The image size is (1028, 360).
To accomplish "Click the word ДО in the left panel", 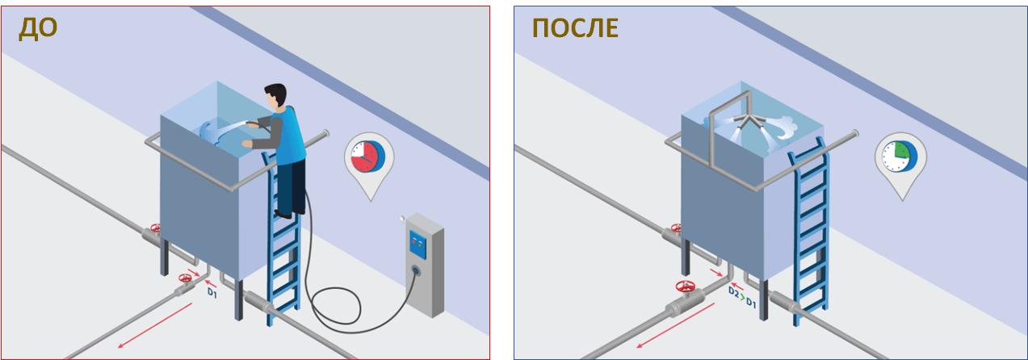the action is pyautogui.click(x=38, y=28).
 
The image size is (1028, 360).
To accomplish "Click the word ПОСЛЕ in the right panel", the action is pyautogui.click(x=575, y=28).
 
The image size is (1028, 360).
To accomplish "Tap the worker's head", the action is pyautogui.click(x=276, y=96).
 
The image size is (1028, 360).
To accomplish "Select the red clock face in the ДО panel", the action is pyautogui.click(x=364, y=157).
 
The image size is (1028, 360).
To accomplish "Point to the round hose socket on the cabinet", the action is pyautogui.click(x=416, y=271).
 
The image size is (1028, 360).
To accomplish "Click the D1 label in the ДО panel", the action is pyautogui.click(x=212, y=292).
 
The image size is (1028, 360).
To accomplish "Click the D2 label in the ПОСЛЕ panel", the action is pyautogui.click(x=733, y=292).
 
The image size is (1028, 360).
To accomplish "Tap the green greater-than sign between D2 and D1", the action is pyautogui.click(x=742, y=297).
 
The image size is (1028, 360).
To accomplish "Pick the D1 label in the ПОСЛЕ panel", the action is pyautogui.click(x=751, y=302).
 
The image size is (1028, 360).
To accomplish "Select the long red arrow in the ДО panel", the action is pyautogui.click(x=155, y=325).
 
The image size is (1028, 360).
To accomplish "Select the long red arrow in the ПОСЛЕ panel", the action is pyautogui.click(x=674, y=325).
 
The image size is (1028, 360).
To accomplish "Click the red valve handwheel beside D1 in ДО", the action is pyautogui.click(x=185, y=278).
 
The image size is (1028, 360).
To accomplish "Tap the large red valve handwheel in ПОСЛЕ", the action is pyautogui.click(x=685, y=287).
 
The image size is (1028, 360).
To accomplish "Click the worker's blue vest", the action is pyautogui.click(x=288, y=136).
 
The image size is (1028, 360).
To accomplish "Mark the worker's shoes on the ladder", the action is pyautogui.click(x=290, y=213).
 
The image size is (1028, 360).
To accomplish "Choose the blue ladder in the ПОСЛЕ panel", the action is pyautogui.click(x=809, y=229).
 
